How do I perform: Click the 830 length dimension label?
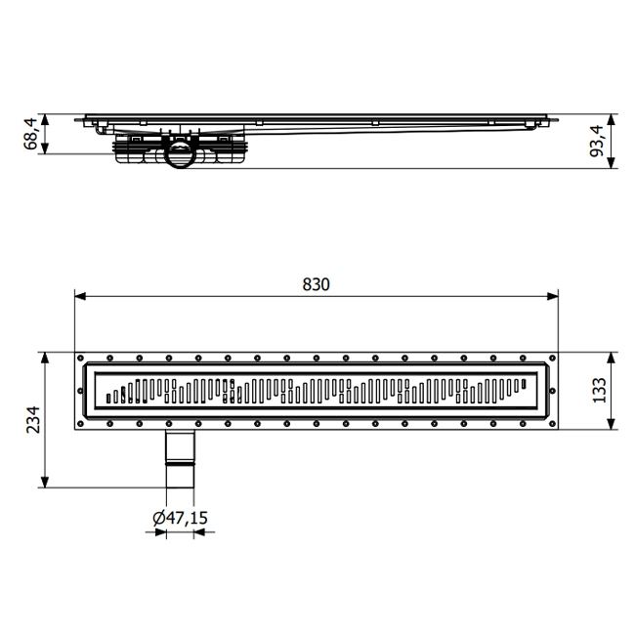coord(316,284)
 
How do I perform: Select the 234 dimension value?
coord(33,419)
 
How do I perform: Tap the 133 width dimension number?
coord(599,390)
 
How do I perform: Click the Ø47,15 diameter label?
coord(181,518)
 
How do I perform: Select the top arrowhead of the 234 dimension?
coord(45,357)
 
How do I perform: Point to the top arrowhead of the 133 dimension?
coord(611,357)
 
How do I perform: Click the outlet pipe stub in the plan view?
coord(179,458)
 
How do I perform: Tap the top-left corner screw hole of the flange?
coord(82,356)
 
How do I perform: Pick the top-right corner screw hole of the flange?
coord(552,356)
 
